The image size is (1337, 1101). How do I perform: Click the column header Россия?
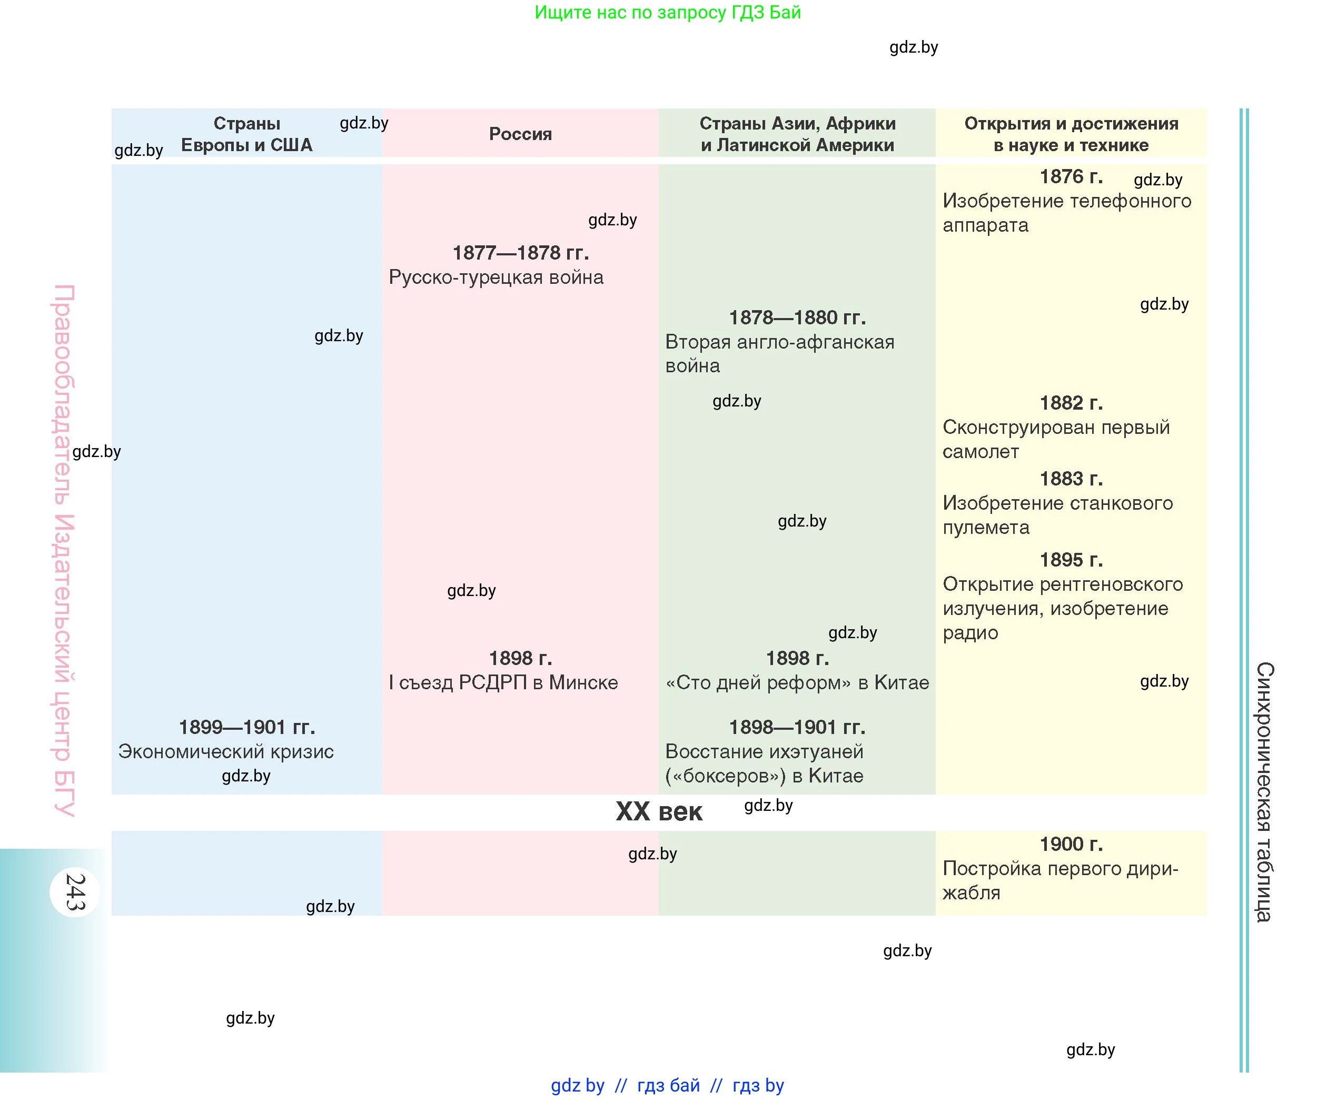tap(520, 134)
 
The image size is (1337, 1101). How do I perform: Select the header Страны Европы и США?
tap(247, 134)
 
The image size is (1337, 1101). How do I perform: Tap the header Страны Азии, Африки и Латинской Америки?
tap(797, 134)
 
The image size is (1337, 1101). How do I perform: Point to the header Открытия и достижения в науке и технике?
tap(1071, 134)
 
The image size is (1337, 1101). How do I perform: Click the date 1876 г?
tap(1071, 176)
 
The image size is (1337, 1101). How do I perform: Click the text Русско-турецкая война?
tap(496, 277)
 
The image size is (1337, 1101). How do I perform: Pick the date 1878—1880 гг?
tap(797, 317)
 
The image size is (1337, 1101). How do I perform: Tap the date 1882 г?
tap(1071, 403)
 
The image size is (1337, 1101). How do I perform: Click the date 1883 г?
tap(1071, 478)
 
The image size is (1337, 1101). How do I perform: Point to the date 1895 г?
tap(1071, 559)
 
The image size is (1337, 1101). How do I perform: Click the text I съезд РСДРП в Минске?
tap(503, 682)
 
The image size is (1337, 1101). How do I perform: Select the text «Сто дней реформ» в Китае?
tap(797, 682)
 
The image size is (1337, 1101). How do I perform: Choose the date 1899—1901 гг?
tap(247, 727)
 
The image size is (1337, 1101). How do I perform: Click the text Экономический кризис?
tap(226, 751)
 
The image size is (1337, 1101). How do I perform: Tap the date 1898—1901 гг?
tap(797, 727)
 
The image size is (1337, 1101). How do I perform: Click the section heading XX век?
tap(659, 812)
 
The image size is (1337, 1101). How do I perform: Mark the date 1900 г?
tap(1071, 844)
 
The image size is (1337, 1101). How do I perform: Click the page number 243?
tap(75, 892)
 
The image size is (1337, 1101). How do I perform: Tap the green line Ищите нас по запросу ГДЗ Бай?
tap(667, 12)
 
